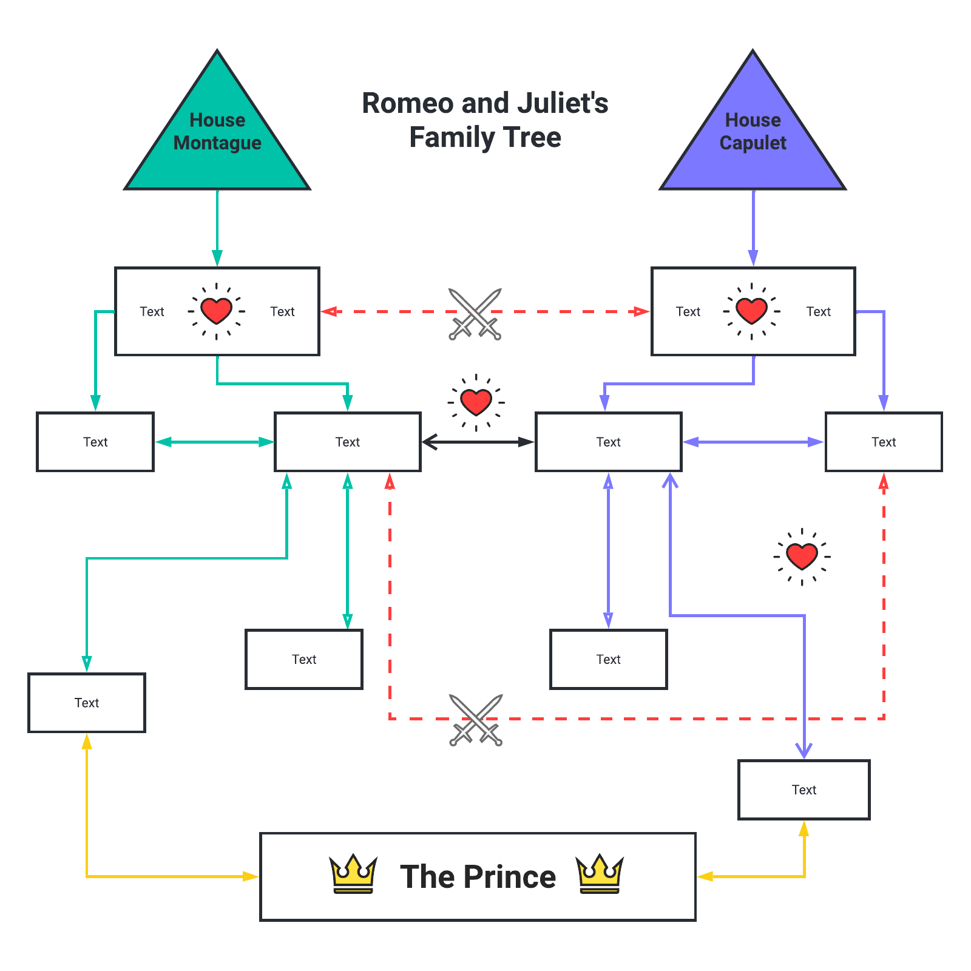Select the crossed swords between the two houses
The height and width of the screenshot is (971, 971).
coord(475,314)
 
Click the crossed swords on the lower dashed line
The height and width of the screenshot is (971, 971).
coord(476,720)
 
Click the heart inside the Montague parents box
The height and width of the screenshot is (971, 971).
coord(217,311)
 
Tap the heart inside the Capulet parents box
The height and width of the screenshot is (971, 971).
coord(751,311)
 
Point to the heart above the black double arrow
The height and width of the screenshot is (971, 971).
coord(476,402)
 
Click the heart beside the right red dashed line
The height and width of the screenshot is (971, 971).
coord(802,556)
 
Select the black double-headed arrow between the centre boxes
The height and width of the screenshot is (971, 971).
coord(478,442)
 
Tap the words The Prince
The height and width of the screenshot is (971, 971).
coord(478,877)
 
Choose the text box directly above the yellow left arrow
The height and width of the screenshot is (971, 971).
coord(87,703)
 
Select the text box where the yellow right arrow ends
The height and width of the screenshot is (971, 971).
coord(804,790)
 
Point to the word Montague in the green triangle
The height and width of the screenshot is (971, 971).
coord(217,143)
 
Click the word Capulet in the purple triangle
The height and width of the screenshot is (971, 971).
coord(753,143)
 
